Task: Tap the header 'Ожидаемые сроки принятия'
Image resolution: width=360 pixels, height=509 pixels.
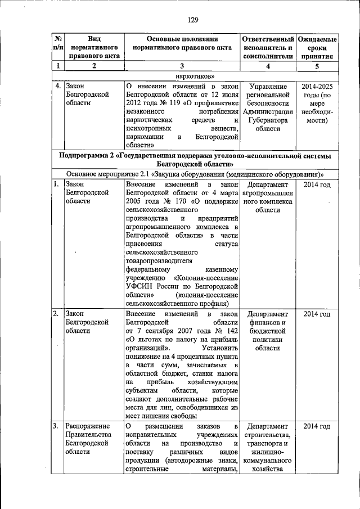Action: (x=317, y=48)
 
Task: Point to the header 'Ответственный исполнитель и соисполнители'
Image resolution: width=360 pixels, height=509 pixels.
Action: (x=268, y=48)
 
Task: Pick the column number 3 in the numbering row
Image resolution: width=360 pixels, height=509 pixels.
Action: (x=181, y=66)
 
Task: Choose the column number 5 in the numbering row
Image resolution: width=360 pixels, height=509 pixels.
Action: (x=317, y=66)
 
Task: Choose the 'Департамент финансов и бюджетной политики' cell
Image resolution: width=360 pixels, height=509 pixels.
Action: (x=268, y=331)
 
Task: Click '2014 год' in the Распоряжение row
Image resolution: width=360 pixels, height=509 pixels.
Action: (x=317, y=426)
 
